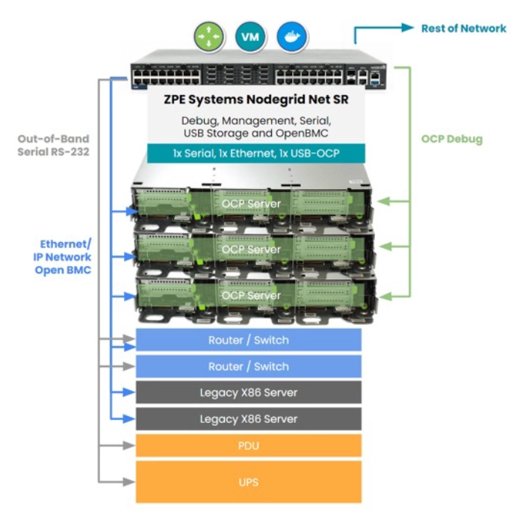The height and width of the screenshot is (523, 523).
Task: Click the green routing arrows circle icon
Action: pos(208,37)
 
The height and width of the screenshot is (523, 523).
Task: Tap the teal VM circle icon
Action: pos(250,37)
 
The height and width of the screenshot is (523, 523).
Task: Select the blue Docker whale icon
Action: pos(291,37)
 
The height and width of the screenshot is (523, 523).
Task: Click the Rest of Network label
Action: pos(464,28)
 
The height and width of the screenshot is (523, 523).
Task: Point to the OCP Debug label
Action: pos(452,139)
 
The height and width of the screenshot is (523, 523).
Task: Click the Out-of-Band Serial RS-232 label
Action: pos(53,145)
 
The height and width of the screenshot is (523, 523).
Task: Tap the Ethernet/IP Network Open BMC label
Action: pos(62,257)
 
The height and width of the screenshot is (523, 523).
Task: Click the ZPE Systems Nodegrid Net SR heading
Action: pos(256,99)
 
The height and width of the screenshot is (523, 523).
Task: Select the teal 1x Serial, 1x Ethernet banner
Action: pos(256,153)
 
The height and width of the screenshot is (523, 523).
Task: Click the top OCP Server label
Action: pos(251,204)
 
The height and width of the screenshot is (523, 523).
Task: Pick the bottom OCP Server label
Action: pos(251,296)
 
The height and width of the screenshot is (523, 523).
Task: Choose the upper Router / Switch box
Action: pos(249,340)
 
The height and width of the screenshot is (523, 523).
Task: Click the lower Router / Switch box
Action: pos(249,366)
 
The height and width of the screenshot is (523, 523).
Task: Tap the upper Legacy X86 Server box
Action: pos(249,392)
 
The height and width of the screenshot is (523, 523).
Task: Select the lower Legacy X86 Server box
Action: pos(249,419)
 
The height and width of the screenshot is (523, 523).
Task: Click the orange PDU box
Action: pos(249,445)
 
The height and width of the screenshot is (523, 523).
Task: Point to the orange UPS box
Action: pos(249,482)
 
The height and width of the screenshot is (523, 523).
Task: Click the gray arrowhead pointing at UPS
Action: pos(129,482)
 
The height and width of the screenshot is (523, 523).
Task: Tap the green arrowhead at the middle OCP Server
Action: pos(386,247)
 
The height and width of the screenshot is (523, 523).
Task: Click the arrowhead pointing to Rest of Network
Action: pos(408,28)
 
